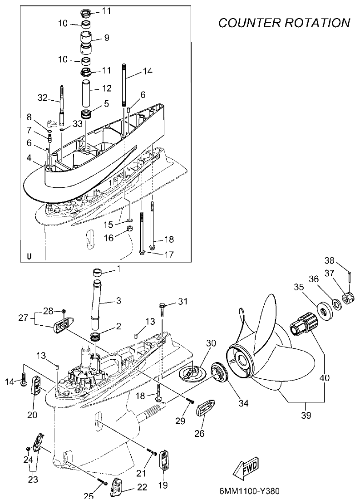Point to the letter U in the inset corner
[x=30, y=256]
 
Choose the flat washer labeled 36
[x=337, y=304]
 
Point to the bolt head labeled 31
[x=162, y=306]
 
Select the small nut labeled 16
[x=129, y=228]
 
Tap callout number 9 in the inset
[x=107, y=38]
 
